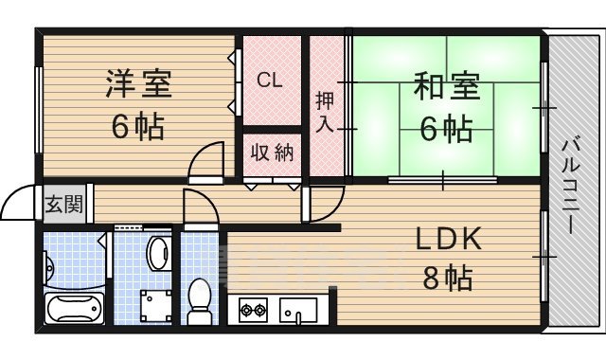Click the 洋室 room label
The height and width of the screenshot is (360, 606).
(x=138, y=83)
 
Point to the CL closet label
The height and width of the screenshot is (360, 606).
(x=270, y=80)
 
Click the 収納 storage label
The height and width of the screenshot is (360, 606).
(x=271, y=153)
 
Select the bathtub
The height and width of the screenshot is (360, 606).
(x=73, y=309)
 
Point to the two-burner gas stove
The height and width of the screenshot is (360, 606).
(x=254, y=309)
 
